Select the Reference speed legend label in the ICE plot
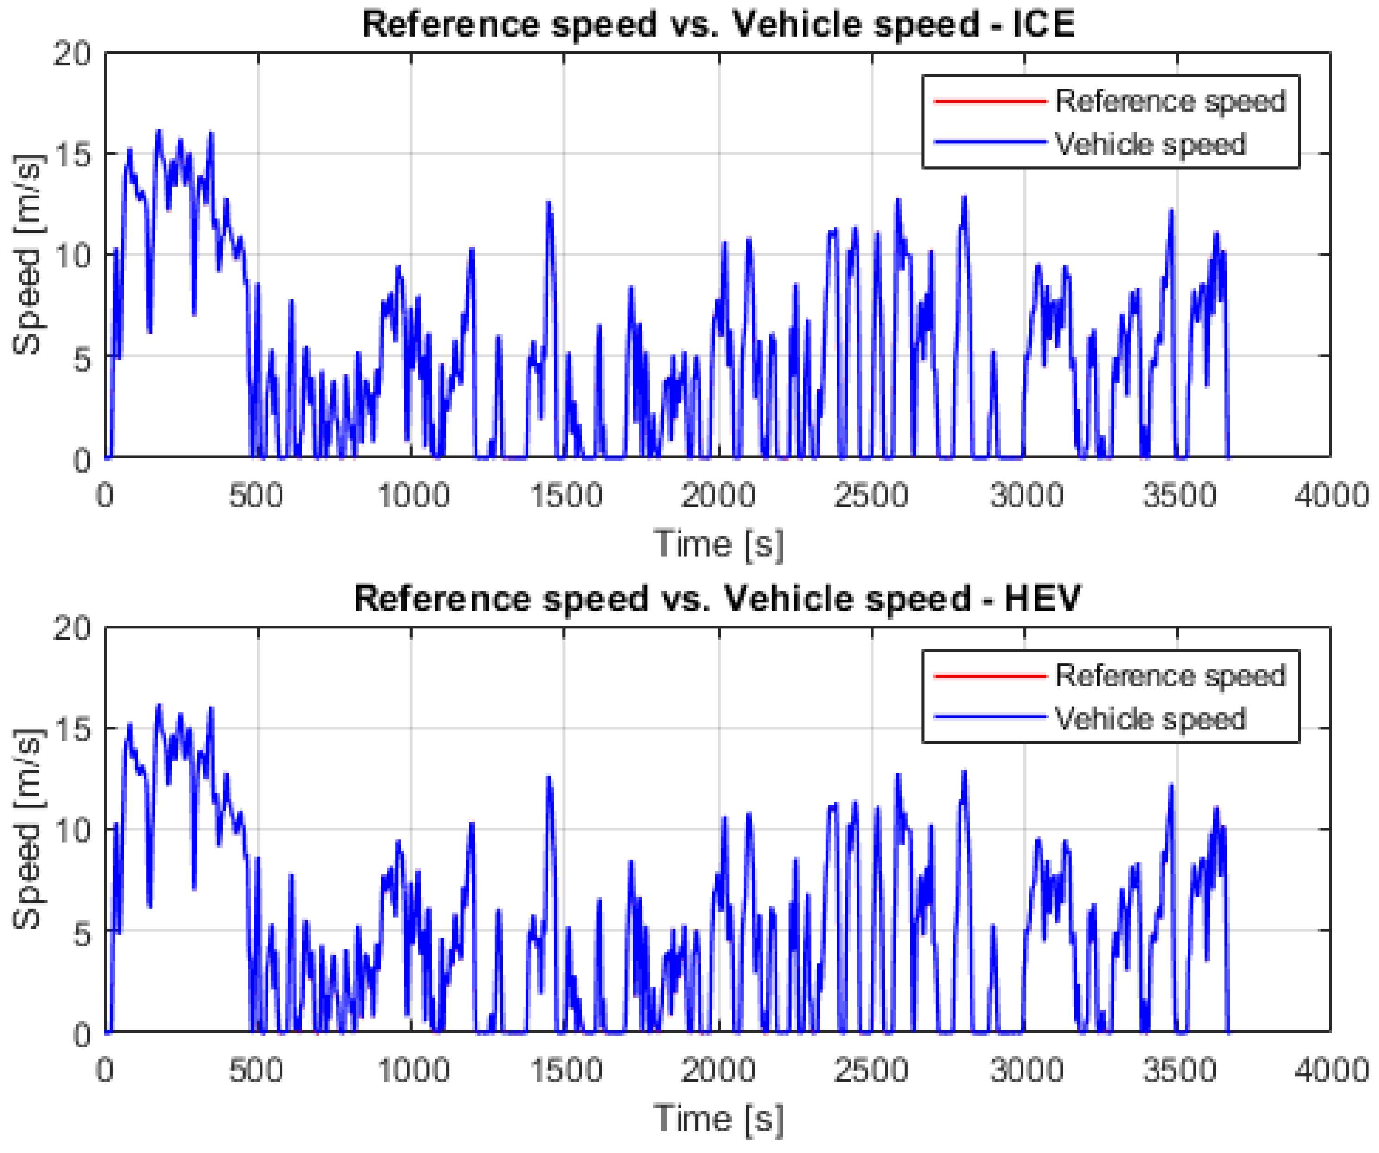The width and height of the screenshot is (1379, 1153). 1170,101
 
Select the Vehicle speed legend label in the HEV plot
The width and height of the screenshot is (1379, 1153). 1150,719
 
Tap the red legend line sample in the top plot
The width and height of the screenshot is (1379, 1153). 990,101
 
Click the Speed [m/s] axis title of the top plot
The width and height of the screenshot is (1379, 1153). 28,255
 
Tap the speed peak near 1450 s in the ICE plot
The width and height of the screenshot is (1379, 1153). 548,203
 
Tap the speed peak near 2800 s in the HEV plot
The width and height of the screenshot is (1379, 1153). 965,773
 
